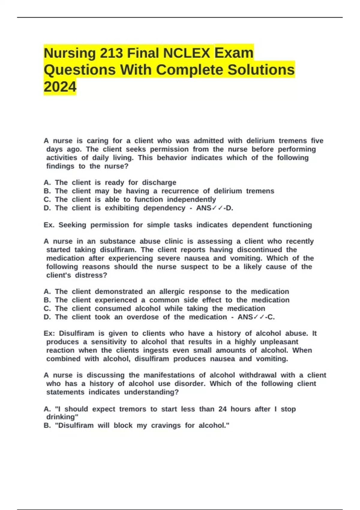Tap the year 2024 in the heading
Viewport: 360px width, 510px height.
point(60,87)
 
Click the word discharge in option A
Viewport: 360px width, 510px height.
point(159,182)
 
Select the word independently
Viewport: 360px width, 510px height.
point(191,199)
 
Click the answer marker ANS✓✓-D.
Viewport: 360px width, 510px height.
point(214,208)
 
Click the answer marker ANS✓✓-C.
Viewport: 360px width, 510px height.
point(256,317)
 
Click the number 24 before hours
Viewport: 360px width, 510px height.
point(222,409)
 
